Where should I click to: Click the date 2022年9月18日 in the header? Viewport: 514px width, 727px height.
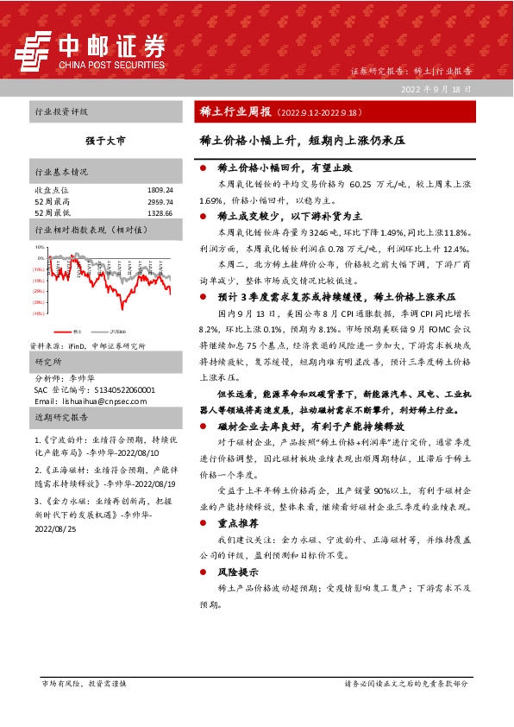436,89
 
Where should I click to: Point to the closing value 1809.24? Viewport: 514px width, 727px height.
160,189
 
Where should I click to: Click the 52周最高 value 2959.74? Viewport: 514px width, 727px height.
160,200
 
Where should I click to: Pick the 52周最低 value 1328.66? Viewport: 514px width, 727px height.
160,212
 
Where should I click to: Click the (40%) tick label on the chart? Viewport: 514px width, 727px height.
39,313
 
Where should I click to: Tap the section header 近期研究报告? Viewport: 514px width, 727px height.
61,417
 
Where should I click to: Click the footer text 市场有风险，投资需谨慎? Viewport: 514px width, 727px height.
84,683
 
